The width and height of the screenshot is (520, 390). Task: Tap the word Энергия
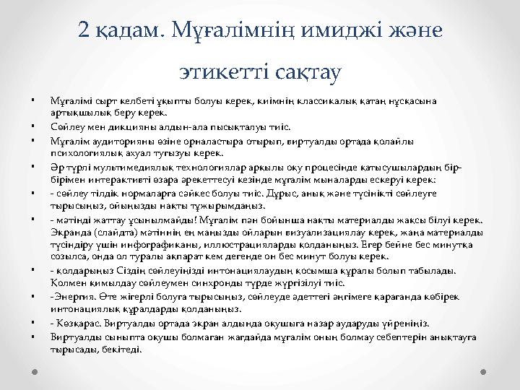pos(71,296)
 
